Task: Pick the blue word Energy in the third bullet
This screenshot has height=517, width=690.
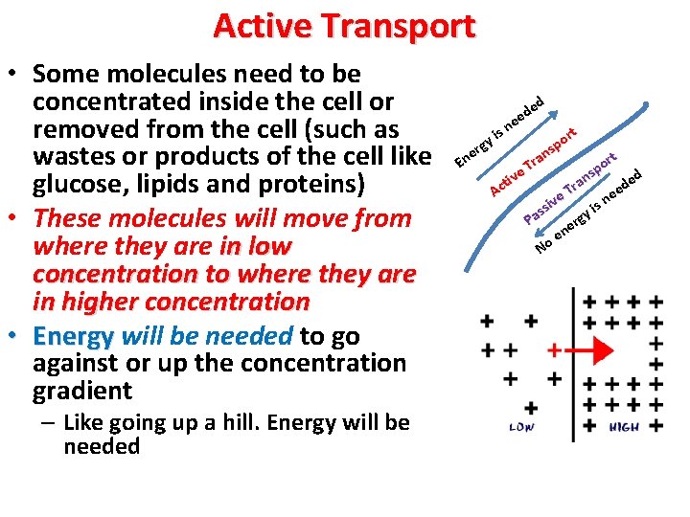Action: tap(73, 336)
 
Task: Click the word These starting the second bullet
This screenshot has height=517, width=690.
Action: tap(70, 218)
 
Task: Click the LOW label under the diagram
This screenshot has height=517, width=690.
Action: tap(520, 427)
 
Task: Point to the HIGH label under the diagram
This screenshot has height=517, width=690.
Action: tap(624, 427)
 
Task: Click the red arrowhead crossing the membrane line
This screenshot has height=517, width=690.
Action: tap(601, 350)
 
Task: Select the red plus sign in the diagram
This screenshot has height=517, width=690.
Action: tap(554, 350)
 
